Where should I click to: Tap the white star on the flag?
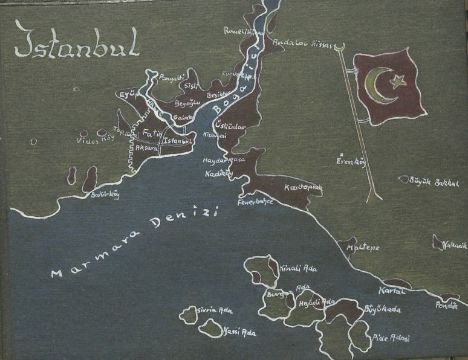tap(397, 80)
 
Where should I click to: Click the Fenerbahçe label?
tap(256, 201)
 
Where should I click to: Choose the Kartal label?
tap(391, 291)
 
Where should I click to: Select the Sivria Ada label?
tap(215, 311)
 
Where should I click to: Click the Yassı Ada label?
tap(239, 332)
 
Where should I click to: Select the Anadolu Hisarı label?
tap(295, 43)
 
